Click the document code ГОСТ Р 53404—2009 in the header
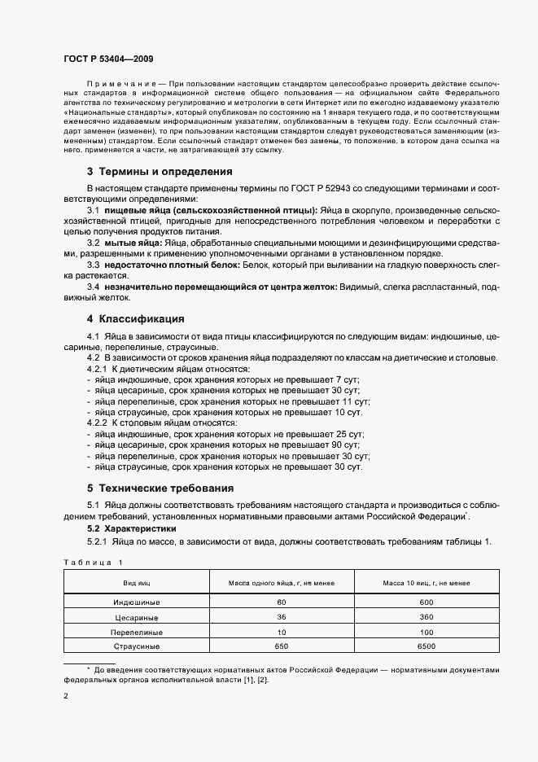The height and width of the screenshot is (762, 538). pyautogui.click(x=108, y=59)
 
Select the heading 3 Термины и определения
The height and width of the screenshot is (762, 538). pyautogui.click(x=160, y=172)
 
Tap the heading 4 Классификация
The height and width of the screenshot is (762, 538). pyautogui.click(x=136, y=318)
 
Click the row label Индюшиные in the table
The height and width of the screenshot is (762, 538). pyautogui.click(x=136, y=602)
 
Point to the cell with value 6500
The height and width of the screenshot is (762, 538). pyautogui.click(x=426, y=646)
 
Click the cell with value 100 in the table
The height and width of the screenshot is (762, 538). pyautogui.click(x=426, y=632)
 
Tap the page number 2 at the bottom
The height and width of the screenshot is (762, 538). pyautogui.click(x=66, y=697)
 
